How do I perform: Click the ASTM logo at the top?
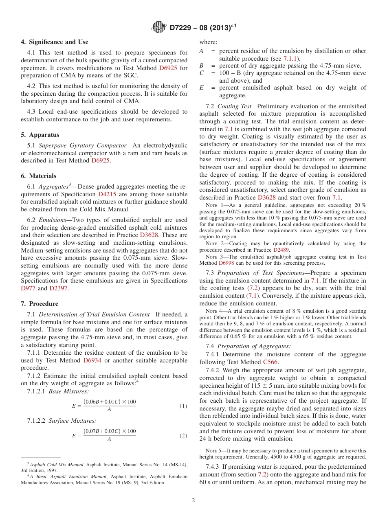(158, 28)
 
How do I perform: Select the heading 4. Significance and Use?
(54, 42)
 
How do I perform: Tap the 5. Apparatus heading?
(40, 135)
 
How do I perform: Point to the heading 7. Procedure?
(40, 304)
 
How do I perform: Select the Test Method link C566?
(271, 362)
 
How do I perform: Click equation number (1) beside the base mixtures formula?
(183, 406)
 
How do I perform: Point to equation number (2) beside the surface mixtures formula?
(183, 435)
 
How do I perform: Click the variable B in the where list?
(201, 66)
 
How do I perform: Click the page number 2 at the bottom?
(193, 500)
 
